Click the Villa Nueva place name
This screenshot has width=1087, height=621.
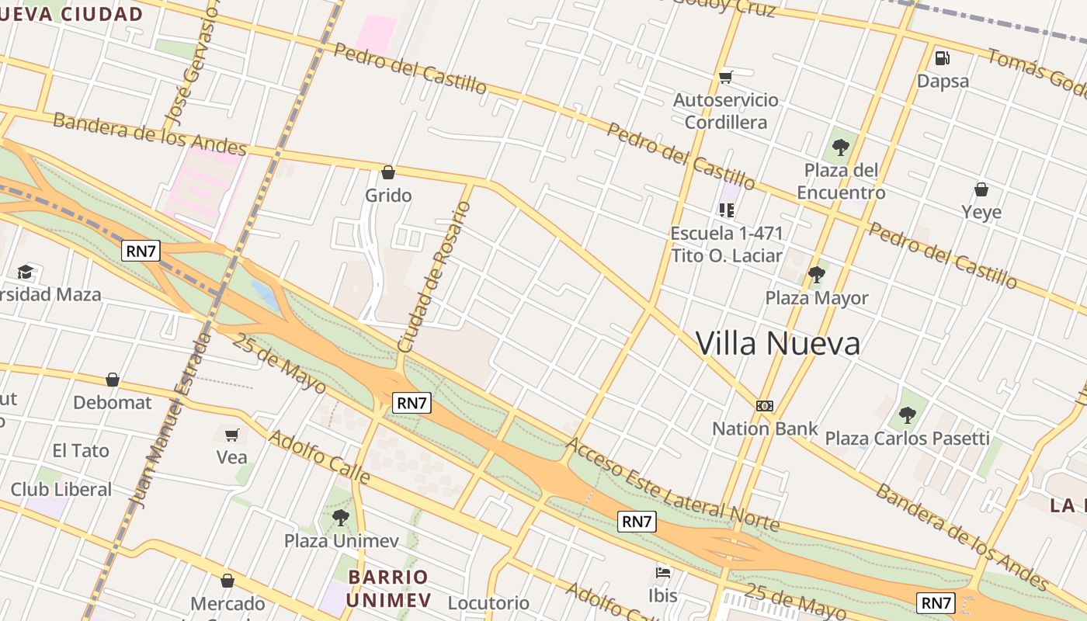point(777,343)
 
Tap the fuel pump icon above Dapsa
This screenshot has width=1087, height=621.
point(942,57)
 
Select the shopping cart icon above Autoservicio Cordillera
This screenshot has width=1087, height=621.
point(725,77)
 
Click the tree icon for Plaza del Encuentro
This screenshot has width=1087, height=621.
point(840,147)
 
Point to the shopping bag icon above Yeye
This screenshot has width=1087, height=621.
point(981,189)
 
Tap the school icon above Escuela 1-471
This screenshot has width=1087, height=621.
point(727,210)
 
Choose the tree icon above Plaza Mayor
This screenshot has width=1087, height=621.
point(816,274)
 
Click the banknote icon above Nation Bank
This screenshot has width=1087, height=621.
point(765,405)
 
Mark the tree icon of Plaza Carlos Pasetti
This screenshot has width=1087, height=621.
point(907,415)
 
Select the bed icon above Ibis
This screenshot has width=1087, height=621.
point(663,573)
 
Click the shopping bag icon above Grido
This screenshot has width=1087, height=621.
point(388,172)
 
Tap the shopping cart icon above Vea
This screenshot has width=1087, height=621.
point(231,434)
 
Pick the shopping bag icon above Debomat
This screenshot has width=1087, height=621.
point(113,380)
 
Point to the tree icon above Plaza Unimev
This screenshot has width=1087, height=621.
point(340,517)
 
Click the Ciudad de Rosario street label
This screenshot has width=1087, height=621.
point(434,277)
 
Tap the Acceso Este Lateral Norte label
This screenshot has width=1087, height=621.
point(672,484)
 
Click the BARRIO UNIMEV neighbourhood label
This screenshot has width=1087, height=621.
point(387,588)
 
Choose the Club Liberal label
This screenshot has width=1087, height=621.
point(61,490)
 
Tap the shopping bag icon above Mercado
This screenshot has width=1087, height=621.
point(227,581)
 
